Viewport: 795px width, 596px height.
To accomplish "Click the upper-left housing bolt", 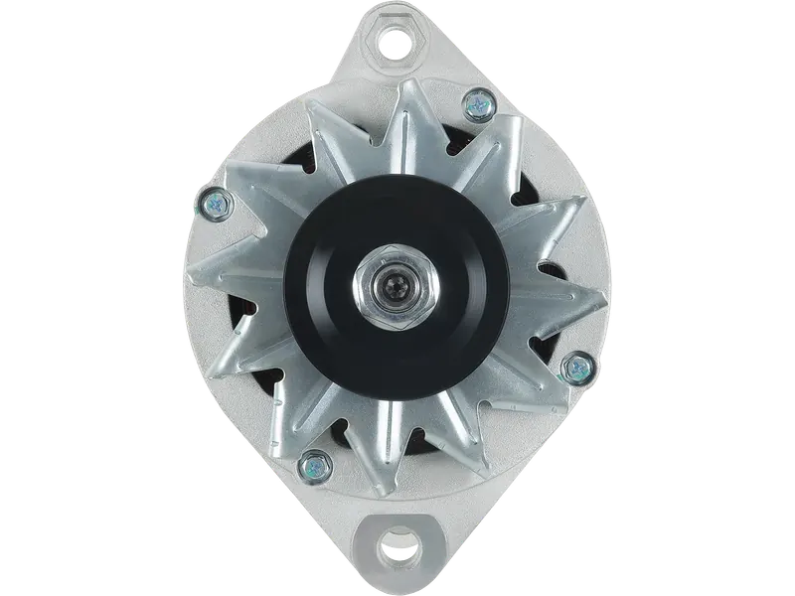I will [214, 203].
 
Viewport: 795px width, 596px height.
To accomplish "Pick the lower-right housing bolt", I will [574, 369].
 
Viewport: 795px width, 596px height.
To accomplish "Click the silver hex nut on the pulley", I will [396, 290].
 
